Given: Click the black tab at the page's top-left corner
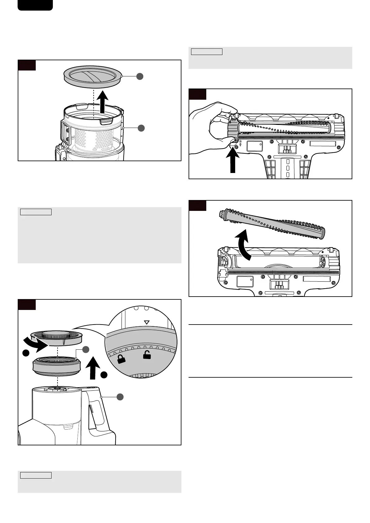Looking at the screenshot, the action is pyautogui.click(x=35, y=5).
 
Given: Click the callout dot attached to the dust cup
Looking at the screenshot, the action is pyautogui.click(x=141, y=128).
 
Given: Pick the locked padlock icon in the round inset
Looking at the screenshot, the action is pyautogui.click(x=121, y=359).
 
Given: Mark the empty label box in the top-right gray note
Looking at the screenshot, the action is pyautogui.click(x=207, y=52).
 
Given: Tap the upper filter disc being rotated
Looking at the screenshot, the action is pyautogui.click(x=57, y=338).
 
